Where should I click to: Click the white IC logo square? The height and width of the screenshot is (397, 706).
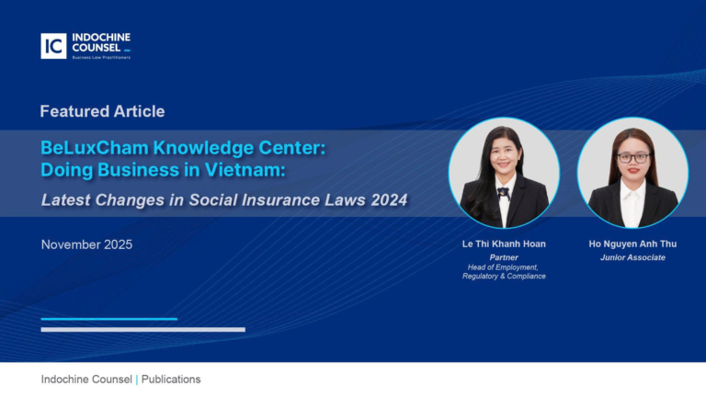[53, 46]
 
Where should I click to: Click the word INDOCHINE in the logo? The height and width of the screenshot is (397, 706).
[101, 39]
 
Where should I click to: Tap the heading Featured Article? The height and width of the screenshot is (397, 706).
[102, 111]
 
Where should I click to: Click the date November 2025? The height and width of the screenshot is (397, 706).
[86, 244]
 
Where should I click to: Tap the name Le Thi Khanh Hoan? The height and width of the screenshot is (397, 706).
[504, 244]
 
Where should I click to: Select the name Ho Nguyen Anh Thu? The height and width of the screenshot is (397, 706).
[632, 244]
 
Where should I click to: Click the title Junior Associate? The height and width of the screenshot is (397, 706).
[632, 257]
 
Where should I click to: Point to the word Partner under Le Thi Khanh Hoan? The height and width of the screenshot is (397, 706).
[504, 257]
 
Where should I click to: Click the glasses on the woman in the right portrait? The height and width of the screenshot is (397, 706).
[632, 157]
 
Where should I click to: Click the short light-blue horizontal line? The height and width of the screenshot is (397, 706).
[108, 319]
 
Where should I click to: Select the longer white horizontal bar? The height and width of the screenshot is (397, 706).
[142, 329]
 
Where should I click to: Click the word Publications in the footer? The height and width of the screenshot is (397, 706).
[171, 380]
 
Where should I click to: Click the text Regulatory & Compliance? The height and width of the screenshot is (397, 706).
[504, 276]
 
